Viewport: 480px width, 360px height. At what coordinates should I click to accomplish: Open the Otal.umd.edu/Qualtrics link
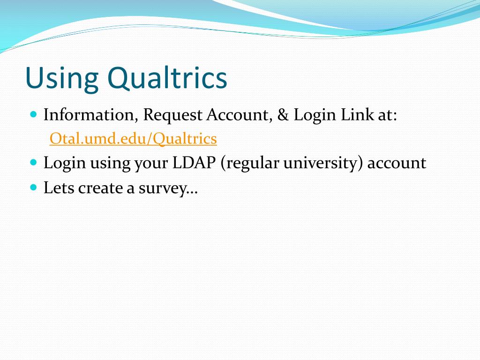point(133,139)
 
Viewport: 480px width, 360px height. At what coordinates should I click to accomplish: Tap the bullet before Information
point(33,114)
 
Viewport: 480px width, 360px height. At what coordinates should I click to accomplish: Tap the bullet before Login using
point(33,163)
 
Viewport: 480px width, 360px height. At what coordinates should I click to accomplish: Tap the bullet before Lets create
point(33,187)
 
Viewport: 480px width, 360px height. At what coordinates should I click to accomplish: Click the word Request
point(173,115)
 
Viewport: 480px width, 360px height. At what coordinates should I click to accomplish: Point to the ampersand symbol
point(283,115)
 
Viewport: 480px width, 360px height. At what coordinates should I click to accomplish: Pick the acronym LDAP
point(195,163)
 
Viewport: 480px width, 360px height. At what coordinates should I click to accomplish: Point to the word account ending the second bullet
point(397,164)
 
